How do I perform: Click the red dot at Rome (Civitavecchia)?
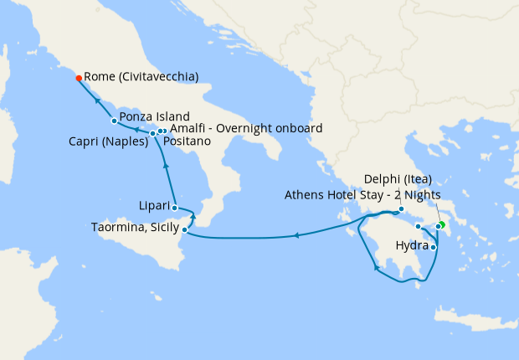(79, 78)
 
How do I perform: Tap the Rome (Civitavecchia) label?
(141, 77)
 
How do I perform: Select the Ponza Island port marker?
(114, 121)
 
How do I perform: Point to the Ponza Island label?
(154, 116)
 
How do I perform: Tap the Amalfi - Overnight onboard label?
(245, 128)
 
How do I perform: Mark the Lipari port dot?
(174, 208)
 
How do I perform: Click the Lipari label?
(154, 205)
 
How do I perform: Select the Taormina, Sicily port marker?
(184, 229)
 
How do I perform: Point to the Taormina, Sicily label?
(136, 227)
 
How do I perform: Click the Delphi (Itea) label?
(398, 179)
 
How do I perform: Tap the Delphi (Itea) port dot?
(402, 209)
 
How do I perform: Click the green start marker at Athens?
(442, 224)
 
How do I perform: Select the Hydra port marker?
(434, 246)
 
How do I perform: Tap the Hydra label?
(410, 245)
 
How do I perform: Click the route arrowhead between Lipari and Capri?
(166, 166)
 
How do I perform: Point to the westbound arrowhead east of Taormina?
(297, 237)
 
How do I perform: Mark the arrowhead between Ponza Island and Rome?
(98, 101)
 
